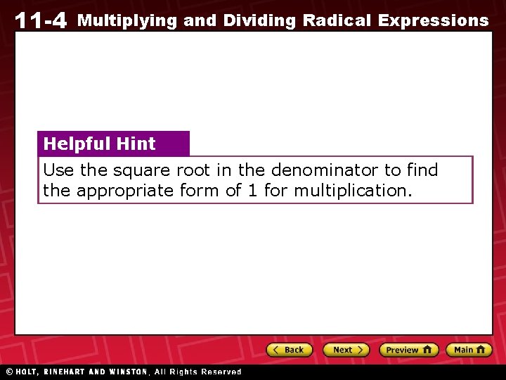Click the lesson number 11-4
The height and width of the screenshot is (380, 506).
[40, 20]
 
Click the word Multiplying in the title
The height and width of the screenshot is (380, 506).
[126, 20]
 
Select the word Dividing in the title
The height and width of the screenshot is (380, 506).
[259, 20]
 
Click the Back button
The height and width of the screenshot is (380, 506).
[288, 350]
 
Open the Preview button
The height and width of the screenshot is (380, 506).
[408, 350]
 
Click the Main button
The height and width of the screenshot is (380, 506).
[469, 350]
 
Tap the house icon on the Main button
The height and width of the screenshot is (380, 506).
[481, 350]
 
